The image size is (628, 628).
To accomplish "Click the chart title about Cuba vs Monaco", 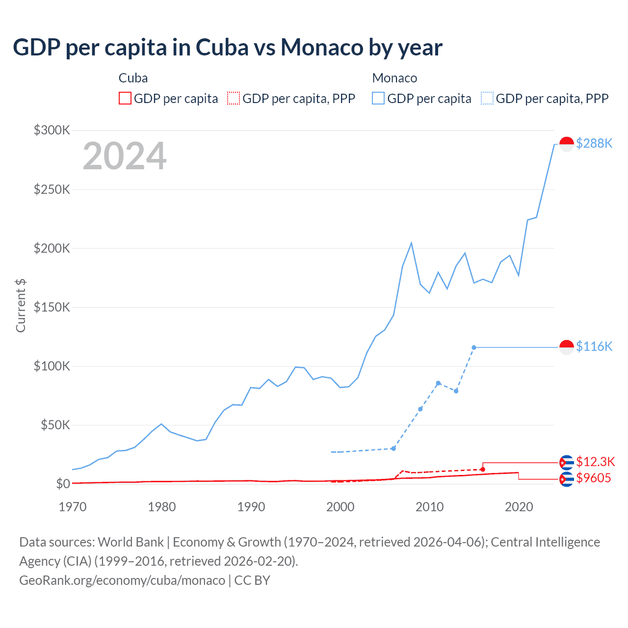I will (x=228, y=48).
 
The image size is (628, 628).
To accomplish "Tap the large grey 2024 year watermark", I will (x=125, y=157).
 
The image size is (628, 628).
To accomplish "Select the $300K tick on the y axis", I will (x=52, y=130).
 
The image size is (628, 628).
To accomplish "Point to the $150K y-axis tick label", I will (x=52, y=307).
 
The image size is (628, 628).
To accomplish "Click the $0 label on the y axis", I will (x=63, y=484).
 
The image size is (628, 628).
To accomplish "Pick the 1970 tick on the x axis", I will (x=73, y=507).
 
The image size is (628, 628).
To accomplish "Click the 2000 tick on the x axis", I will (x=340, y=507).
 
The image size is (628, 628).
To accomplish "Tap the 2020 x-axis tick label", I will (x=519, y=507).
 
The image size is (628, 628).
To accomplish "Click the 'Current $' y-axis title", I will (x=21, y=305).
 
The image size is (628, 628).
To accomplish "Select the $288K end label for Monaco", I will (x=594, y=143).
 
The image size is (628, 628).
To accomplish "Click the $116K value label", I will (x=594, y=346).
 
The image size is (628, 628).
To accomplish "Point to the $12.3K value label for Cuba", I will (x=595, y=462).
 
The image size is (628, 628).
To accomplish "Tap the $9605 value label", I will (x=594, y=478).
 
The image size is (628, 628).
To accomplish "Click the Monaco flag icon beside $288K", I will (x=567, y=144).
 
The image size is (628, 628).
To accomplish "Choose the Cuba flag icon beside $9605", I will (x=567, y=479).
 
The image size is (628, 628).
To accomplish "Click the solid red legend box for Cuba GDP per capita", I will (x=125, y=99).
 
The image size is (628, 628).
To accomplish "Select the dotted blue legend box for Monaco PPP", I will (x=487, y=99).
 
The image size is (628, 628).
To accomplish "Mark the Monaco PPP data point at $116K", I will (x=474, y=347).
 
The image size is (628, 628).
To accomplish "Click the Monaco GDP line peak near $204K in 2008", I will (x=411, y=243).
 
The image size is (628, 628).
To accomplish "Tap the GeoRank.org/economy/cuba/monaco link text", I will (x=122, y=580).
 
